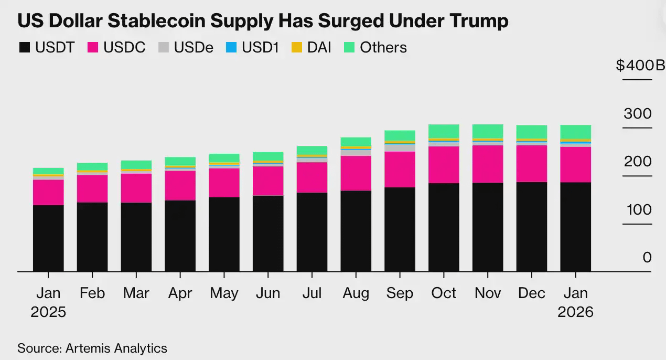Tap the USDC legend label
click(124, 48)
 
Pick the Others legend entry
click(383, 48)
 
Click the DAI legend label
click(319, 48)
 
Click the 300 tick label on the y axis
click(638, 114)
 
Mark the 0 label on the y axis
click(647, 258)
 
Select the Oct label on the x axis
click(444, 293)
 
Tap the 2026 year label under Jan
click(575, 312)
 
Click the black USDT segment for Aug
click(356, 231)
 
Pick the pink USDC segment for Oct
click(444, 164)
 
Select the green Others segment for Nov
click(488, 131)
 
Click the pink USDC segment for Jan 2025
click(48, 192)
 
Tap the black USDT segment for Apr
click(180, 236)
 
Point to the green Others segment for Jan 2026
click(575, 132)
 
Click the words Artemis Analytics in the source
click(116, 348)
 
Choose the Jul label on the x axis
click(312, 293)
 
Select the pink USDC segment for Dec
click(531, 163)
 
